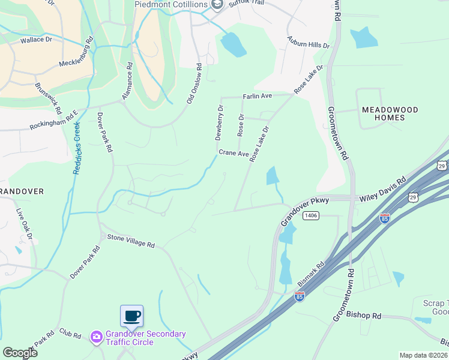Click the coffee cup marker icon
(x=131, y=316)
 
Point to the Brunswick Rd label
(x=47, y=98)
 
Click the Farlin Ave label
(x=258, y=96)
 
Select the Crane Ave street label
(x=234, y=154)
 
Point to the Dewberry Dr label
(x=220, y=123)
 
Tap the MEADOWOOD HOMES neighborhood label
(x=390, y=113)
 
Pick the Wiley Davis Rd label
(x=383, y=188)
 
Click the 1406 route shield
(x=310, y=215)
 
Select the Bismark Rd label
(x=312, y=273)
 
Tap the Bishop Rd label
(x=364, y=316)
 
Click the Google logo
(x=20, y=352)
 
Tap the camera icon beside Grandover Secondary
(x=96, y=338)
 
